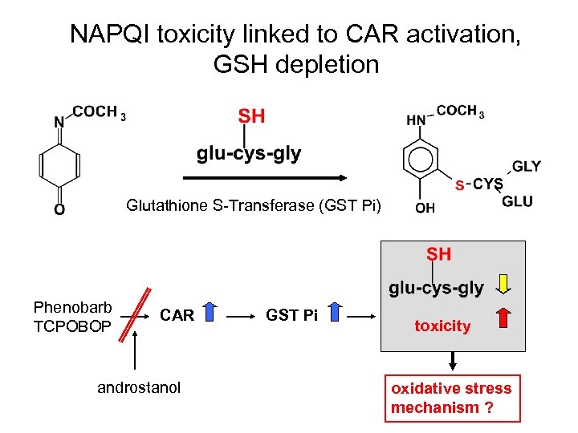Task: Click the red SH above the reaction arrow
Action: pos(251,116)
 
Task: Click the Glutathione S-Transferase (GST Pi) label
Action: pos(254,206)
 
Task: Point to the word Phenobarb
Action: pos(72,307)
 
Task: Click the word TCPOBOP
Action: pos(72,326)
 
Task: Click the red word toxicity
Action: pos(442,326)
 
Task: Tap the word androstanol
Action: pos(139,388)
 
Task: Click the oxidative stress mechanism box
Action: pos(452,398)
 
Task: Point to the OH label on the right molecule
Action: pos(425,208)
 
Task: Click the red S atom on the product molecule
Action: pos(459,185)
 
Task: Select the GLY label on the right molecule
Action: pos(526,167)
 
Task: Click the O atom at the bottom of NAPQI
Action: pos(59,209)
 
